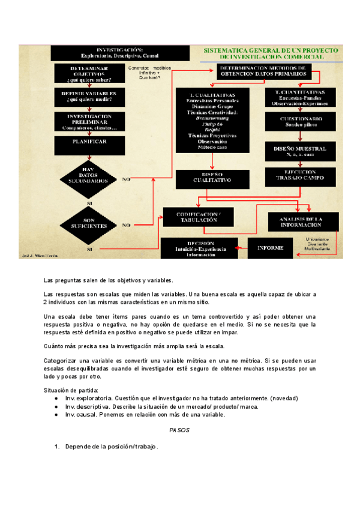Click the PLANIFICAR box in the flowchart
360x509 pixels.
(90, 142)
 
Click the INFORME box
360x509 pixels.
(270, 247)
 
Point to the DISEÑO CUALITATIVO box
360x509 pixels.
(212, 178)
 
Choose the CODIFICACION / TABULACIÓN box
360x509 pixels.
(197, 217)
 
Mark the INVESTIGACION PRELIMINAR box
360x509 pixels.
(90, 121)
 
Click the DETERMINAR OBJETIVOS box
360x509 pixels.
(90, 73)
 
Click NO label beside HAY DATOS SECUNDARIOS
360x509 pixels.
(126, 179)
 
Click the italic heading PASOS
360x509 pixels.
(179, 430)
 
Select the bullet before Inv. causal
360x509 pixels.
(56, 415)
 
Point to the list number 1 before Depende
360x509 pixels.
(56, 447)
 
